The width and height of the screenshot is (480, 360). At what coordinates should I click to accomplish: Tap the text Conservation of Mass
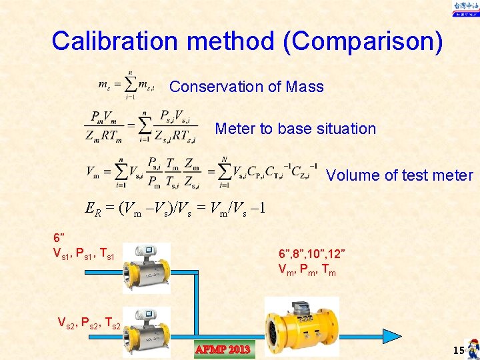click(246, 87)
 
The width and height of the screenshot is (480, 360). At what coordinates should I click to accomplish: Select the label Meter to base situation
click(295, 129)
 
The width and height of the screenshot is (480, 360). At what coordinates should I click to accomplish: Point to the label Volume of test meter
click(399, 175)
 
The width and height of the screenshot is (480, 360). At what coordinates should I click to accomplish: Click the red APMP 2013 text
click(223, 349)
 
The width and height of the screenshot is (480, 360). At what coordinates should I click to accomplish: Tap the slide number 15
click(458, 350)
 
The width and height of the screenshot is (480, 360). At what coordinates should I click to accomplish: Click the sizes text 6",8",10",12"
click(311, 255)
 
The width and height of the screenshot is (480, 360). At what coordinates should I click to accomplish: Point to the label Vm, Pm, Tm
click(307, 270)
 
